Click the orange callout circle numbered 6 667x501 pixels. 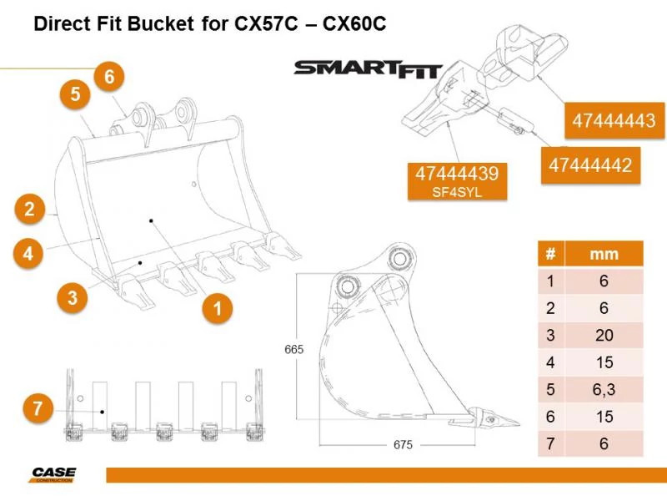coord(108,77)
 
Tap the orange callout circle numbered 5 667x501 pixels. coord(75,95)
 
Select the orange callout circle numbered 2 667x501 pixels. coord(29,209)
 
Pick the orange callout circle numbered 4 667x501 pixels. coord(29,253)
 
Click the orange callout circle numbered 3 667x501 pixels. coord(73,297)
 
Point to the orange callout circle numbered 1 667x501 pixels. coord(218,308)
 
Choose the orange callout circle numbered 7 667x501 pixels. coord(37,409)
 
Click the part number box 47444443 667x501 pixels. coord(613,122)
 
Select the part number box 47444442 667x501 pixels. coord(589,164)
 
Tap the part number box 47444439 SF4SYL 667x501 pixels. coord(456,180)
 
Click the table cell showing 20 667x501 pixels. coord(604,336)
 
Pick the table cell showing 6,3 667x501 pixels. coord(604,390)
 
